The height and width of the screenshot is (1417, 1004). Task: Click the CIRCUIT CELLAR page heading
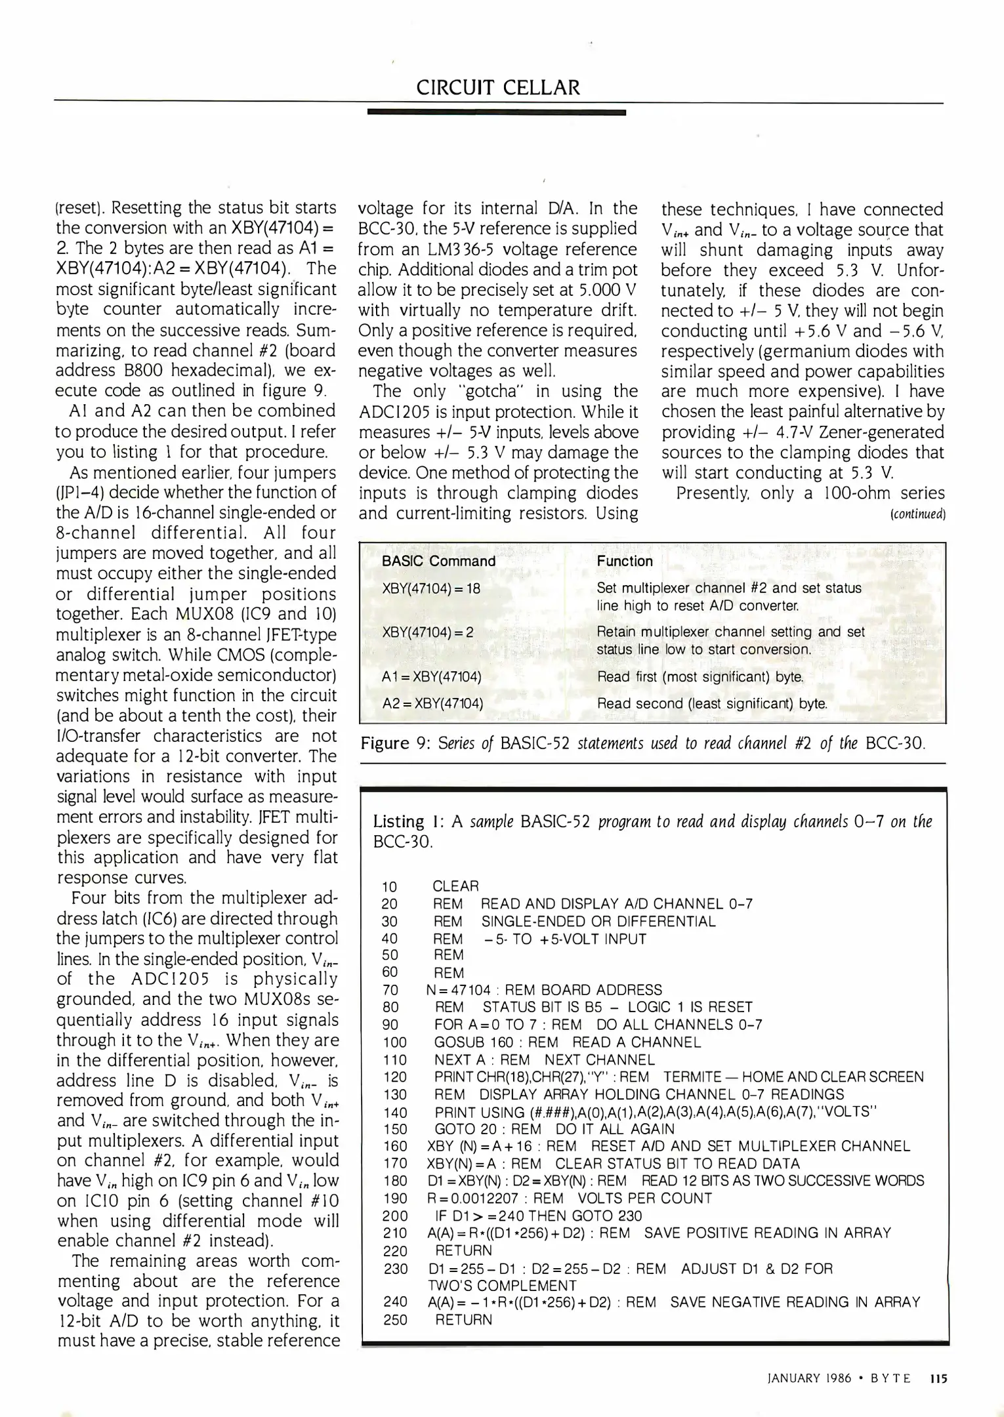point(498,87)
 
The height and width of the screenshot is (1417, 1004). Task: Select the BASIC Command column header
point(438,561)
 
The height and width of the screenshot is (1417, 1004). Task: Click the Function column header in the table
point(625,561)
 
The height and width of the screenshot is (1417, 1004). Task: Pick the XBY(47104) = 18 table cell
point(431,588)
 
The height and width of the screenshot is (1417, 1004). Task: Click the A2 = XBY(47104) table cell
point(432,704)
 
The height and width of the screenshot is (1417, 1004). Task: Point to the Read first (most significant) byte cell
point(700,676)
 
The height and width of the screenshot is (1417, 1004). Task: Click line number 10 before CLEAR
point(390,887)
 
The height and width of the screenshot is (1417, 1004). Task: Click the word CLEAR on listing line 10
point(455,886)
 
